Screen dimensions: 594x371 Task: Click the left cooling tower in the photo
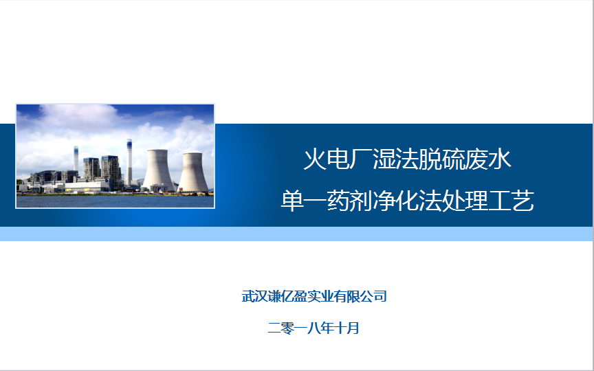[x=158, y=170]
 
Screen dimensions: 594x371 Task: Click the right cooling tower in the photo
[x=193, y=172]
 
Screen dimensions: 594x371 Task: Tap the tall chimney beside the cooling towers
[x=129, y=162]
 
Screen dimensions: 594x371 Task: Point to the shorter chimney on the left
[x=76, y=158]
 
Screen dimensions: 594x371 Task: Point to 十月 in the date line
[x=346, y=328]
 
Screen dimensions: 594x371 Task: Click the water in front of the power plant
[x=115, y=201]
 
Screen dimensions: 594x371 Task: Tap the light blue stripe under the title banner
[x=296, y=234]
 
